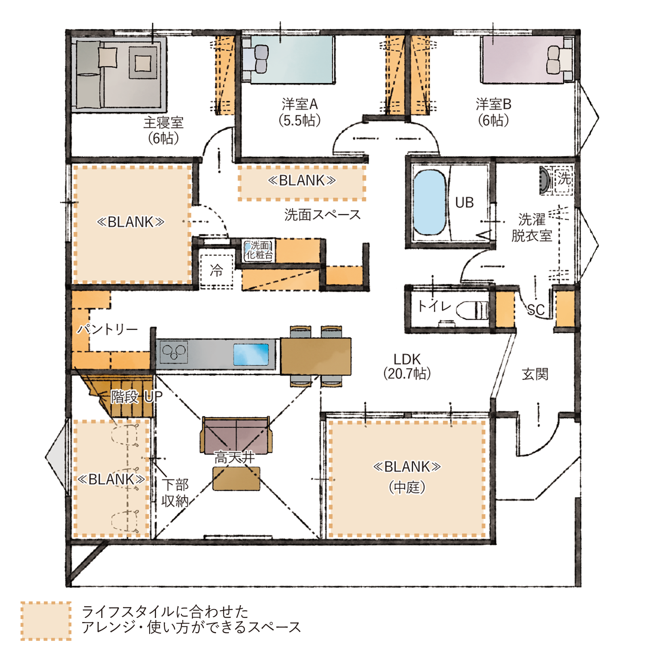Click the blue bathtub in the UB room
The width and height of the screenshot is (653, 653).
[x=430, y=203]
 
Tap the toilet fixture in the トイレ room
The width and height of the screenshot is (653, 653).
[x=472, y=310]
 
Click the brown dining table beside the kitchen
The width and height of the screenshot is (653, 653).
[x=315, y=356]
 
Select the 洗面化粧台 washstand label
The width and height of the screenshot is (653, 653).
[x=259, y=250]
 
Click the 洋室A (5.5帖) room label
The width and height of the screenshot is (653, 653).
[x=299, y=112]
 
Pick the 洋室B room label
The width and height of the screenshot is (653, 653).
[x=493, y=112]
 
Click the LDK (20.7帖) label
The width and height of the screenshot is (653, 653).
[x=407, y=366]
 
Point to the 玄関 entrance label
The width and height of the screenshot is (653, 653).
[x=535, y=374]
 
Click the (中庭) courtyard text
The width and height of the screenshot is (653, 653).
[x=407, y=487]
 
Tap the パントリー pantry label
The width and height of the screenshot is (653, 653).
[x=108, y=329]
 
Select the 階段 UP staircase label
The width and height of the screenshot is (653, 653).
[x=136, y=397]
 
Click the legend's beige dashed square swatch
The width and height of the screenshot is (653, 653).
[x=46, y=621]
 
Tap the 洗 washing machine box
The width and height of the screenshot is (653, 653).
[x=564, y=179]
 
